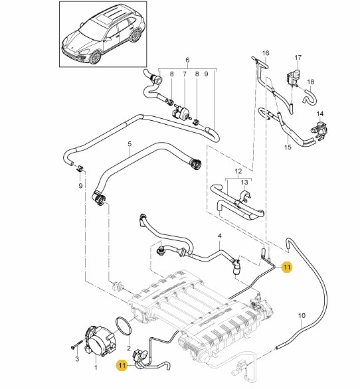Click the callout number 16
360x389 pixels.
coord(266,53)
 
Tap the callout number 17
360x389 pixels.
coord(298,58)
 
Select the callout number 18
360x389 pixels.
coord(311,82)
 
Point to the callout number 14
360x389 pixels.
coord(320,114)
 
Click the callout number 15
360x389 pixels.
coord(288,147)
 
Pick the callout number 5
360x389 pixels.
coord(130,144)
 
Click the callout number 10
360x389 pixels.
coord(302,316)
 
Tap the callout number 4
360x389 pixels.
coord(220,236)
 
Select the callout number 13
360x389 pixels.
coord(244,183)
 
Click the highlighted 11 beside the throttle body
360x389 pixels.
coord(122,365)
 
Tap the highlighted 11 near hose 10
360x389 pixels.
coord(287,268)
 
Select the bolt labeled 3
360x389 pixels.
coord(76,345)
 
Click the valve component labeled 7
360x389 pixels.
coord(182,112)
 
